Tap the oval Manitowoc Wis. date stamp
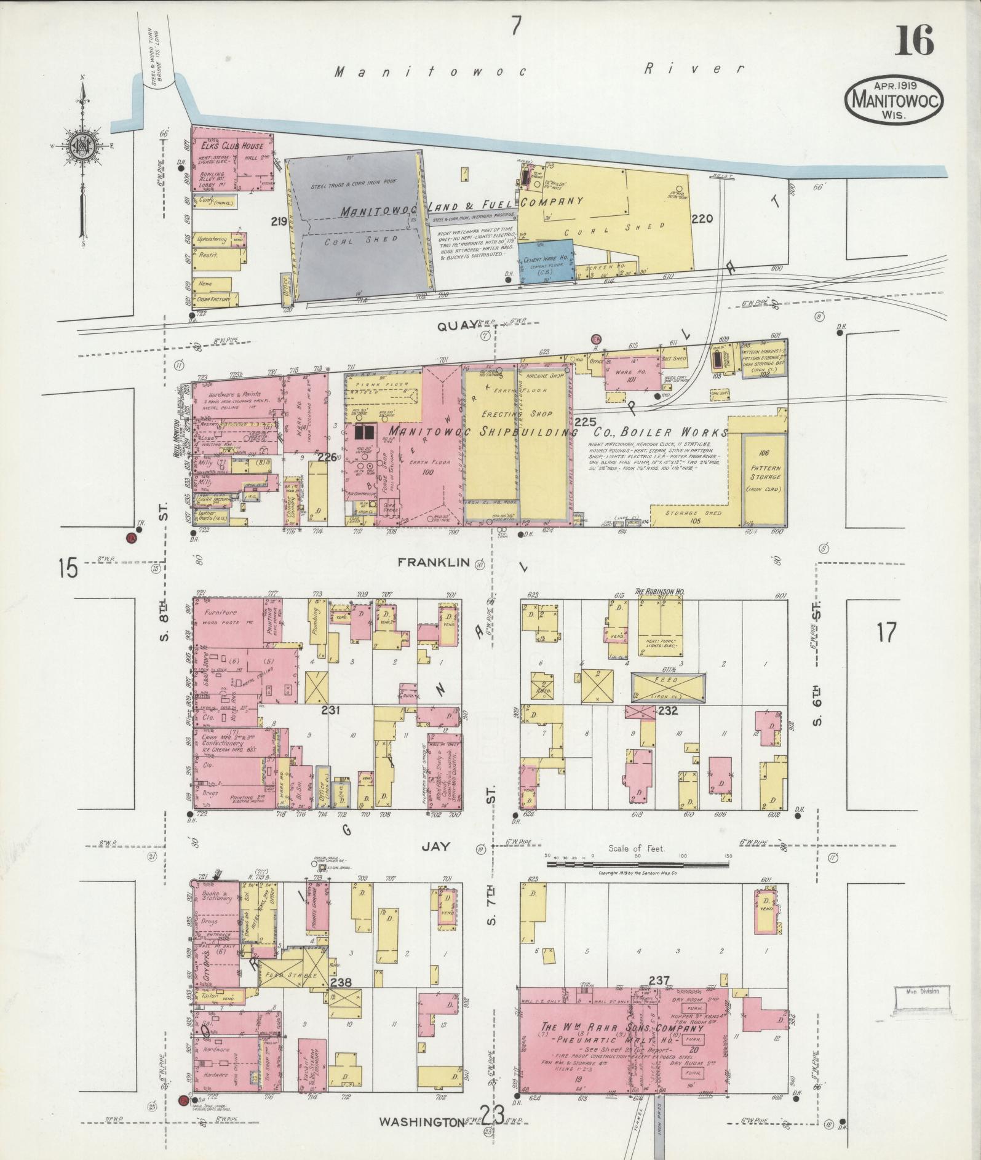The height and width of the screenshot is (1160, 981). pyautogui.click(x=894, y=101)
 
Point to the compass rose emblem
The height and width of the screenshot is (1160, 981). pyautogui.click(x=81, y=146)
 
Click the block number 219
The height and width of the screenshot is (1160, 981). pyautogui.click(x=278, y=221)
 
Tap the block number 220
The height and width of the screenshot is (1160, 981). pyautogui.click(x=701, y=218)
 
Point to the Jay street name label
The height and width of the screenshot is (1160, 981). pyautogui.click(x=435, y=846)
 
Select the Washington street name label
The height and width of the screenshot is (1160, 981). pyautogui.click(x=421, y=1122)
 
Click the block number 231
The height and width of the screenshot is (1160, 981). pyautogui.click(x=331, y=710)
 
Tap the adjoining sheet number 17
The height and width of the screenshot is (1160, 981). pyautogui.click(x=886, y=632)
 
